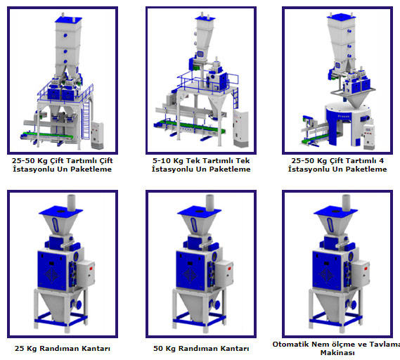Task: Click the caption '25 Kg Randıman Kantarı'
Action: tap(63, 348)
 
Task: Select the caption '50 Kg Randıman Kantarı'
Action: tap(201, 348)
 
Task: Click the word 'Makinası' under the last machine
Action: tap(337, 352)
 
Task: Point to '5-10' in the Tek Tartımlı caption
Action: tap(162, 160)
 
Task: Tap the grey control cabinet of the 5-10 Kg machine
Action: tap(240, 128)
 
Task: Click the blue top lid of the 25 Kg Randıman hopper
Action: tap(60, 211)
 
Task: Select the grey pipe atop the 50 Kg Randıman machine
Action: tap(209, 202)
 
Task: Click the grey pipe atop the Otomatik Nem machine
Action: tap(346, 202)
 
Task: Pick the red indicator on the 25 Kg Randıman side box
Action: tap(91, 268)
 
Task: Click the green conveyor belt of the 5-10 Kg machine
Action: tap(189, 127)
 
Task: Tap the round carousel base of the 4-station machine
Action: tap(348, 122)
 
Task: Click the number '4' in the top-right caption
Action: tap(381, 160)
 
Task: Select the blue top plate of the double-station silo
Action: tap(68, 20)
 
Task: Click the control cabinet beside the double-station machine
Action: tap(97, 135)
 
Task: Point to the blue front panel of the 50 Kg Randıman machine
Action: tap(190, 271)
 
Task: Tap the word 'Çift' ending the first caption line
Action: tap(106, 160)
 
